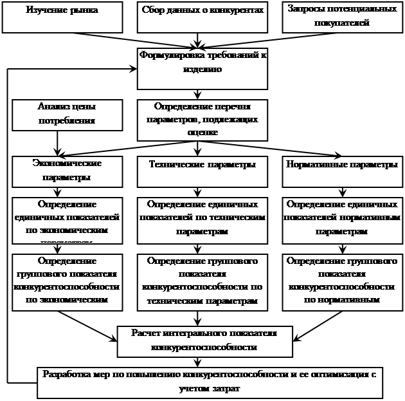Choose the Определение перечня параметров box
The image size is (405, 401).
(203, 119)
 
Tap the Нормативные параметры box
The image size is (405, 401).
(340, 171)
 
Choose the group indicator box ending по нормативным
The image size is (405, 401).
(340, 281)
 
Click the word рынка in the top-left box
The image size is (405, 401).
(84, 11)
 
